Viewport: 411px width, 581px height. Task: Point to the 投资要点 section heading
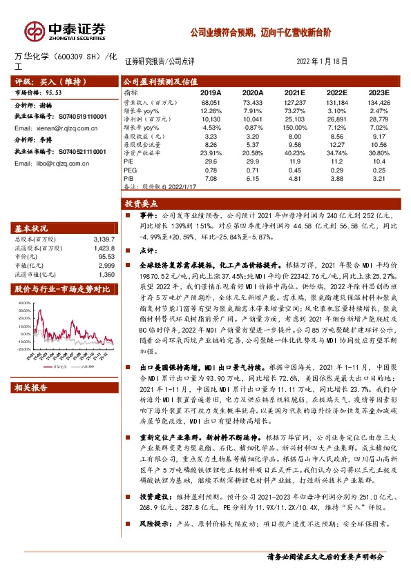coord(142,204)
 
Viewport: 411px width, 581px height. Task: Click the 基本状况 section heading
coord(32,228)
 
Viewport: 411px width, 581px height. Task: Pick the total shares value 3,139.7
coord(101,239)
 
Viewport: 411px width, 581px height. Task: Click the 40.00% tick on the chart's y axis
coord(24,303)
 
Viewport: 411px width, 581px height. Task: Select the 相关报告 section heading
coord(32,388)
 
